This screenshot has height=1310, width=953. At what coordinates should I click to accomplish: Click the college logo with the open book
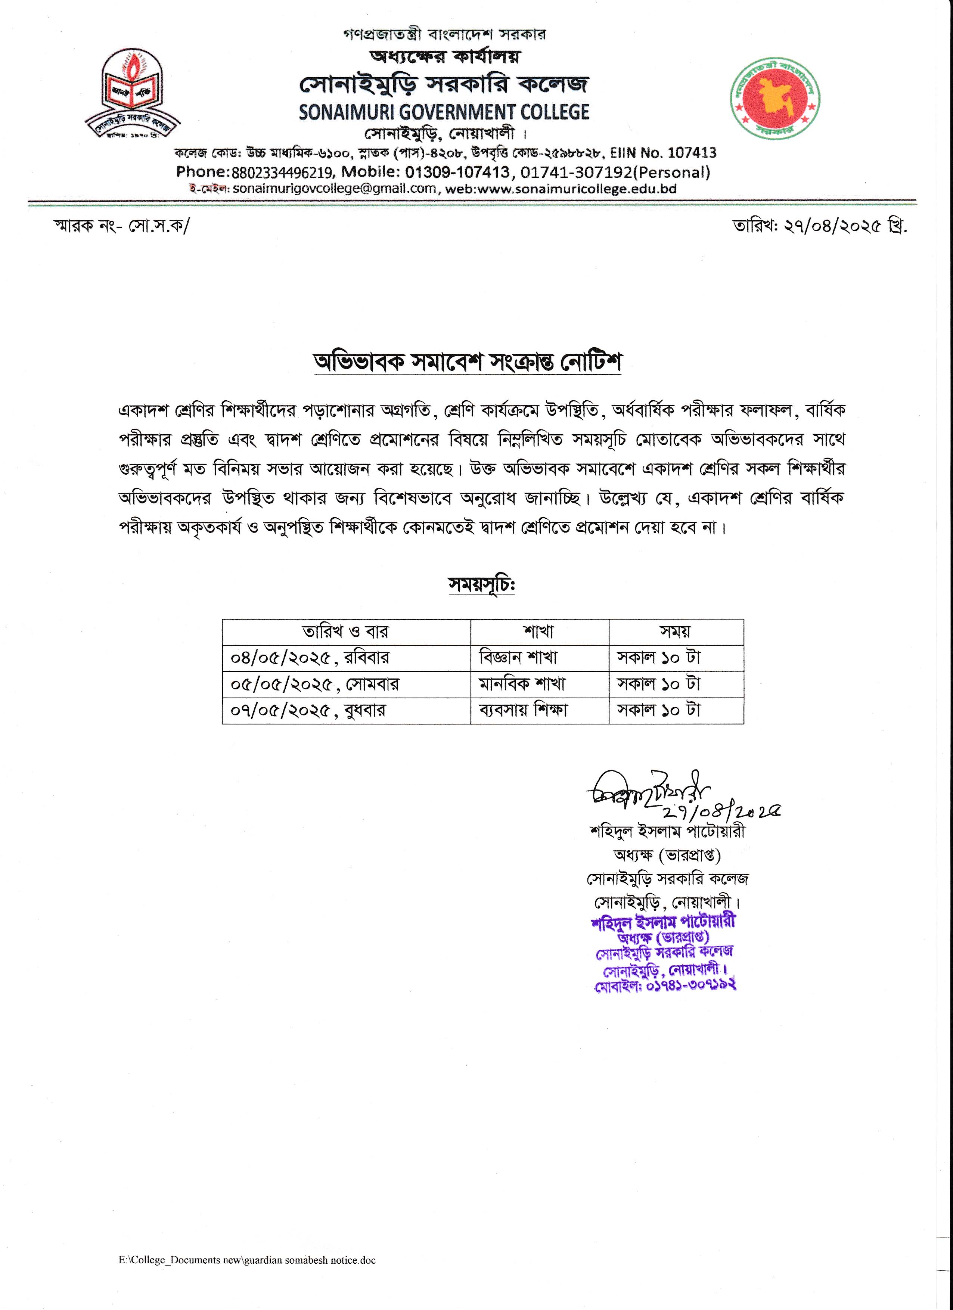(x=132, y=95)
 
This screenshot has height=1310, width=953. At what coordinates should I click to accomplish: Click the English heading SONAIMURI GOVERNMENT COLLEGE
(x=444, y=112)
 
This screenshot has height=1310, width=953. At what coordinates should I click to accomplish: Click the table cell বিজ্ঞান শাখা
(x=518, y=658)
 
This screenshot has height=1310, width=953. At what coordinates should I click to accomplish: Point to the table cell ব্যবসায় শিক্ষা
(x=523, y=710)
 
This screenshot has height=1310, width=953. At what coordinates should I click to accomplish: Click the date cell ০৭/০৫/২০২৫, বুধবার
(x=308, y=710)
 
